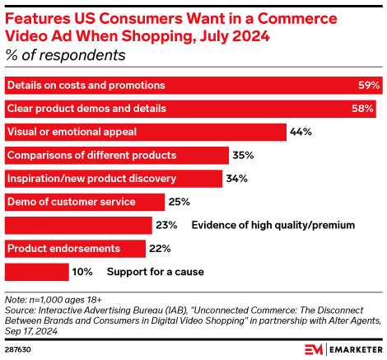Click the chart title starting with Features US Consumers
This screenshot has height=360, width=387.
165,25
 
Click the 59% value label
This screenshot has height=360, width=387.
369,85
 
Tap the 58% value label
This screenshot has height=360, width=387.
363,108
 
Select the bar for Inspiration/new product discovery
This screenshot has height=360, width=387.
114,178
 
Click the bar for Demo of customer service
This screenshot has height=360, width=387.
85,201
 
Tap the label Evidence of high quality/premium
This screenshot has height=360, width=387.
273,225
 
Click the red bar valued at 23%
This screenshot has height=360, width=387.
78,225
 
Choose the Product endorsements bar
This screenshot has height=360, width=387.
75,248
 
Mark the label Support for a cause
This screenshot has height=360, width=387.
154,271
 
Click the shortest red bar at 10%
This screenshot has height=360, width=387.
37,271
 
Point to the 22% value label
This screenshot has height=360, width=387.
161,248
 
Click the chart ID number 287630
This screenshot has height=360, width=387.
17,348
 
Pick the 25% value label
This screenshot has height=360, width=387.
179,201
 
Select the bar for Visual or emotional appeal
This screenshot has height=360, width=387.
145,132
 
